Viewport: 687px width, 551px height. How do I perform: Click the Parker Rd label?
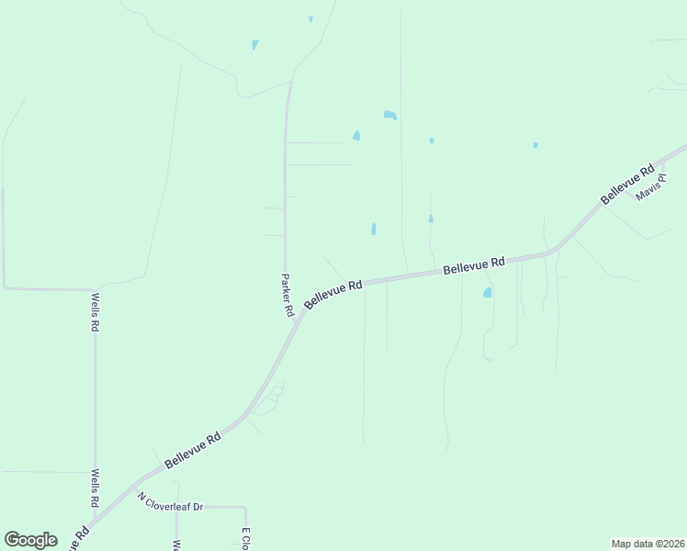click(x=287, y=296)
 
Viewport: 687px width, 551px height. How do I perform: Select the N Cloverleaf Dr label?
click(x=170, y=501)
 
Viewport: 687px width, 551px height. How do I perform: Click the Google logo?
click(x=30, y=540)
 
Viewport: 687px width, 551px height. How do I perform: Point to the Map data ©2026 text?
click(x=648, y=544)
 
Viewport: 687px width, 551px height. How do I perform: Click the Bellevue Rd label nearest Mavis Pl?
click(x=627, y=184)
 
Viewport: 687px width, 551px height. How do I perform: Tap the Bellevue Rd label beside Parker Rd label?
click(x=333, y=294)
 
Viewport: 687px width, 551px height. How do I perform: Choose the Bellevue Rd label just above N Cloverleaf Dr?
click(x=193, y=451)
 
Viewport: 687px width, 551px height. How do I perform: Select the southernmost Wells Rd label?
click(x=95, y=489)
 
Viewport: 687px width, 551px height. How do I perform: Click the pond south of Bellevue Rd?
click(x=488, y=293)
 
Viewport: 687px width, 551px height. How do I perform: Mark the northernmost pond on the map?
click(x=310, y=18)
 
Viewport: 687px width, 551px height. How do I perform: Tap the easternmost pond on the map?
click(x=535, y=145)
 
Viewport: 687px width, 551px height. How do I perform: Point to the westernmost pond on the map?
click(x=254, y=45)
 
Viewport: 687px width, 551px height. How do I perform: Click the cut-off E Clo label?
click(x=245, y=539)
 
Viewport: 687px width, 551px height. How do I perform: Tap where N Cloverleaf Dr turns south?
click(x=245, y=508)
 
